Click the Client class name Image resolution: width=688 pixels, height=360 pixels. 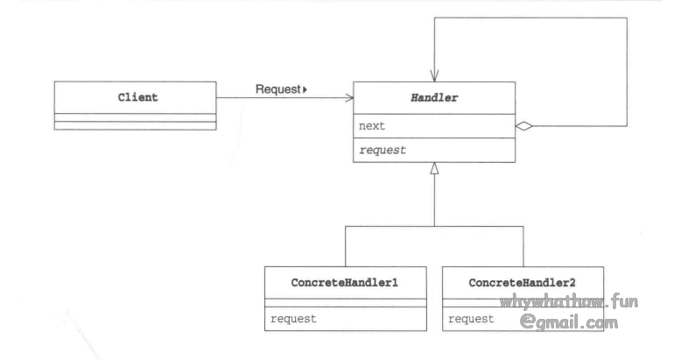pos(138,97)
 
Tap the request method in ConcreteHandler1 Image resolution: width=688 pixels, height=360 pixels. pos(293,318)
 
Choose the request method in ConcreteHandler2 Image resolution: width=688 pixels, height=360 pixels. pos(471,318)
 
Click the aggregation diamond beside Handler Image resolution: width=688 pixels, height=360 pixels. pos(524,126)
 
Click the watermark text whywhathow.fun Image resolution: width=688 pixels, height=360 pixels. pos(569,302)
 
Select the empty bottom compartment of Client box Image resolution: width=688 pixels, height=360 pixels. pos(135,125)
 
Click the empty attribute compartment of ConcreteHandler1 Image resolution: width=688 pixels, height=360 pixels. pos(346,302)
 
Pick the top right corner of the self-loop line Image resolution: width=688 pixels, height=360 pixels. pos(627,18)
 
